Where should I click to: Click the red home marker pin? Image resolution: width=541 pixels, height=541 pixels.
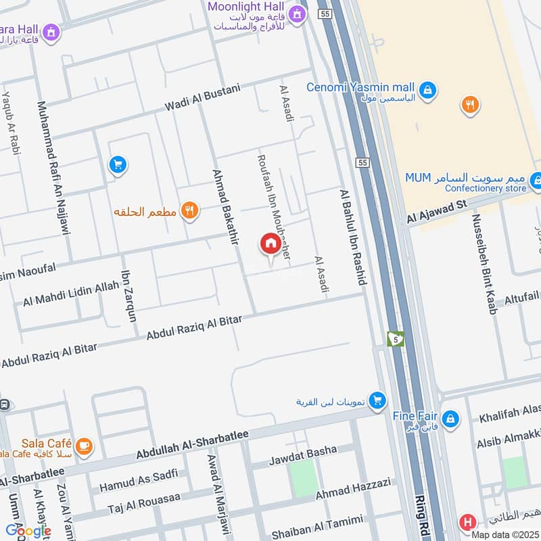pyautogui.click(x=270, y=245)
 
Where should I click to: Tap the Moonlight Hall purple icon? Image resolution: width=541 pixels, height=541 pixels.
pyautogui.click(x=296, y=14)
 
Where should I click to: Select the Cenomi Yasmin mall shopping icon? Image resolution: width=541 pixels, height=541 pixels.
pyautogui.click(x=427, y=89)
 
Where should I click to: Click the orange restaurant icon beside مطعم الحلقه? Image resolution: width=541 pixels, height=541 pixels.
pyautogui.click(x=190, y=212)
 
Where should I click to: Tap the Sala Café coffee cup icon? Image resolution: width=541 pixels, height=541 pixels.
pyautogui.click(x=84, y=446)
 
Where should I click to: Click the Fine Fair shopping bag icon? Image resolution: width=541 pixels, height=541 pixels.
pyautogui.click(x=452, y=419)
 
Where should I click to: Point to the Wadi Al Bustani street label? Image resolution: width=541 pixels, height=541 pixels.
pyautogui.click(x=202, y=99)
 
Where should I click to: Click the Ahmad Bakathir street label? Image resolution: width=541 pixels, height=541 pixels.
pyautogui.click(x=225, y=208)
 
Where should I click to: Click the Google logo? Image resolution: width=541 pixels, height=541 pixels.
pyautogui.click(x=28, y=531)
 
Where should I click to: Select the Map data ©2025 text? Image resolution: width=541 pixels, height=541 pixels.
pyautogui.click(x=505, y=535)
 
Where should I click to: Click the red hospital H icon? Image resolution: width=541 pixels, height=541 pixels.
pyautogui.click(x=467, y=523)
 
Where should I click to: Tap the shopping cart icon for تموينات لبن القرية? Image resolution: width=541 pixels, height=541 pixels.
pyautogui.click(x=378, y=400)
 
